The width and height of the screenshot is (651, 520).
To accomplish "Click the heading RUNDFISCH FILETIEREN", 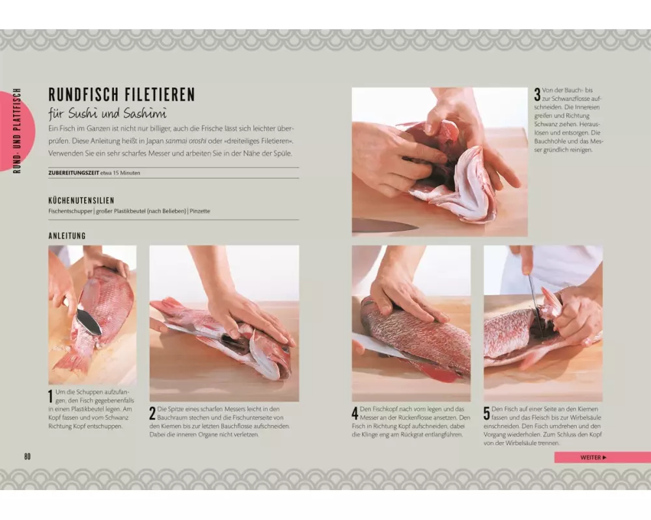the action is click(x=122, y=94).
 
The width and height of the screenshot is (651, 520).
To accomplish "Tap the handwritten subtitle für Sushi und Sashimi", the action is click(x=107, y=113).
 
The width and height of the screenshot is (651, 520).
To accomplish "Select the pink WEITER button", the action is click(x=602, y=458).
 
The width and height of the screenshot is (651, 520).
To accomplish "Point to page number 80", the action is click(x=27, y=456).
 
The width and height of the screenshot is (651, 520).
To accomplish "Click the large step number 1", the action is click(x=51, y=396).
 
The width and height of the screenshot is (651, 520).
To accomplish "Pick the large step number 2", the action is click(x=152, y=413).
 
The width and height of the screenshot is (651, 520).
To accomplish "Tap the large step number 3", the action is click(x=537, y=94).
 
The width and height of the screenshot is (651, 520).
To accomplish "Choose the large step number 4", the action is click(x=355, y=413).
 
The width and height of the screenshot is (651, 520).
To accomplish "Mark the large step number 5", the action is click(x=486, y=413).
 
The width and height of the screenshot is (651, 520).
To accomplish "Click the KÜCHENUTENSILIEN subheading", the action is click(x=81, y=201).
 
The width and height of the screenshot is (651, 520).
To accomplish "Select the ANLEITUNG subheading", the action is click(x=67, y=235).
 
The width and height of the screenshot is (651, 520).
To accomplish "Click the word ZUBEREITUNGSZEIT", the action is click(x=74, y=173).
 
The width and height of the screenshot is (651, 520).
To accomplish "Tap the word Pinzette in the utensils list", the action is click(x=200, y=211).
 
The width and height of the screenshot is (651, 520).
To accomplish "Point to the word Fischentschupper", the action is click(x=70, y=211).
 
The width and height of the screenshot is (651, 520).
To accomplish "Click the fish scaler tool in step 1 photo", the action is click(x=89, y=321).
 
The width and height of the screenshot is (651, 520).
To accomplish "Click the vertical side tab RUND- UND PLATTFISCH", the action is click(x=17, y=131).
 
